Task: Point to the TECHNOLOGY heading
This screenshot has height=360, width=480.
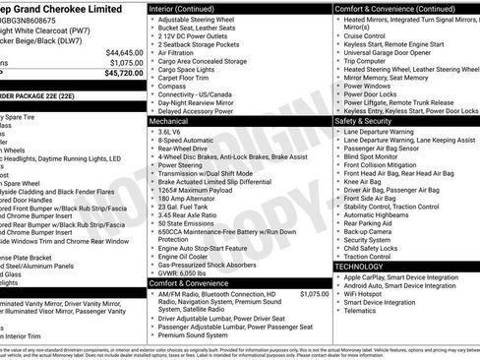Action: click(x=360, y=267)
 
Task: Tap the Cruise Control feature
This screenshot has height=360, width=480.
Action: click(x=367, y=34)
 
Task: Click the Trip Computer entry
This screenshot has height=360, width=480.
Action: click(x=365, y=61)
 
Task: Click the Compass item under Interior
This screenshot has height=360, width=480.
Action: click(x=173, y=86)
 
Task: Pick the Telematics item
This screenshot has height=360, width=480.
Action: click(x=364, y=311)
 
